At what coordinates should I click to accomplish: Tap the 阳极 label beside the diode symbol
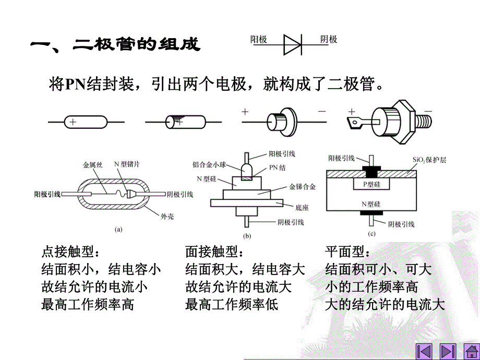tap(259, 40)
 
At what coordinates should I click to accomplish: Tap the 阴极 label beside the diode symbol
tap(328, 40)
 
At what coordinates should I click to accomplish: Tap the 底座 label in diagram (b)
tap(301, 207)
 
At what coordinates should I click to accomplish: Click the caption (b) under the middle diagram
tap(247, 235)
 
